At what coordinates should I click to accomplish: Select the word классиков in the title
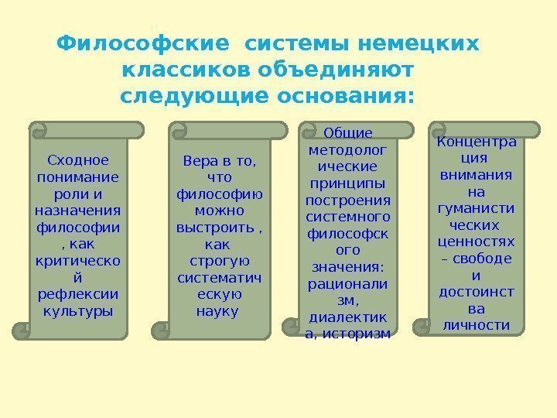pos(179,70)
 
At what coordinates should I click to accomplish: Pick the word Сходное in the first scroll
pos(78,160)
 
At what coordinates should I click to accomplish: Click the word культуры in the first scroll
pos(78,311)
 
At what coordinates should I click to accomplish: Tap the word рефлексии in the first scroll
pos(78,295)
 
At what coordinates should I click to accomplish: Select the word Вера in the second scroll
pos(197,160)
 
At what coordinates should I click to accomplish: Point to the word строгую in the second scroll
pos(219,261)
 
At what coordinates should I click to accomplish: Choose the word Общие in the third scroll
pos(347,132)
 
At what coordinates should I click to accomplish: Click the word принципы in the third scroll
pos(347,183)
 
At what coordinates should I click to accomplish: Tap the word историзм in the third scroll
pos(364,334)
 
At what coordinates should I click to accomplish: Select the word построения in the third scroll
pos(347,200)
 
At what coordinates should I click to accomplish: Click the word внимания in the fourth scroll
pos(476,174)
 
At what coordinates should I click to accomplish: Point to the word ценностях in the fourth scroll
pos(476,242)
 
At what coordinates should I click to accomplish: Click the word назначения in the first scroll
pos(78,211)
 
